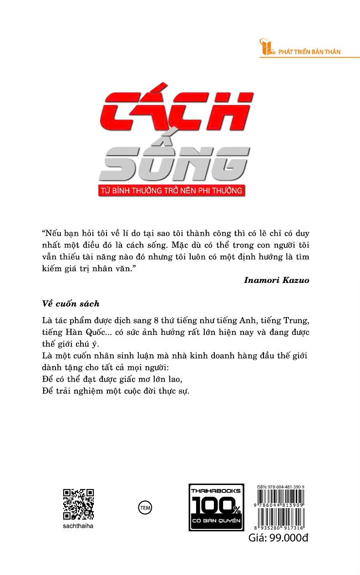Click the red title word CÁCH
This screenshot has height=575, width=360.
click(177, 111)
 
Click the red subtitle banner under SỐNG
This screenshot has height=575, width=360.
click(172, 190)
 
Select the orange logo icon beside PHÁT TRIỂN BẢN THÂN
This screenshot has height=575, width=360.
click(265, 48)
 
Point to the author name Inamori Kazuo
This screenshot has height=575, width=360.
click(277, 280)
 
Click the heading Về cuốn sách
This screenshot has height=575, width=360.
click(70, 303)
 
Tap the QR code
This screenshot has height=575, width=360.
click(78, 504)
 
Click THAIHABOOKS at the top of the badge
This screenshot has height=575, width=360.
click(216, 491)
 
